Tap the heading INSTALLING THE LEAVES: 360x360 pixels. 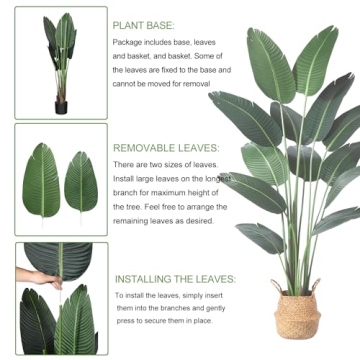click(x=175, y=279)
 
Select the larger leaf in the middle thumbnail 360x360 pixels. click(x=42, y=180)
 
